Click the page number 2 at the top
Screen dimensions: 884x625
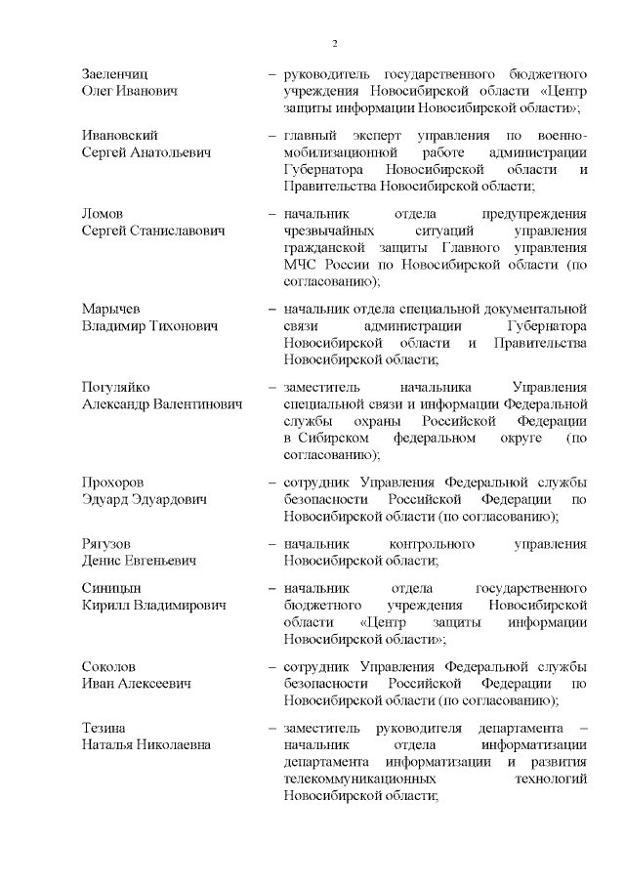point(335,44)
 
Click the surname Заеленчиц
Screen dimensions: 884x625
point(115,74)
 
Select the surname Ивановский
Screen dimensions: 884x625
point(119,136)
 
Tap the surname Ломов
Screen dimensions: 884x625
point(104,214)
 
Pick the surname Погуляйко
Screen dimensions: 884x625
point(115,387)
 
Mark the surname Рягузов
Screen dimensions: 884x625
point(106,543)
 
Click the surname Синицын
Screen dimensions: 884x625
point(111,589)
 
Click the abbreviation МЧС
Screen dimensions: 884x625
point(302,265)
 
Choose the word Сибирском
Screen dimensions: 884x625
point(331,439)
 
